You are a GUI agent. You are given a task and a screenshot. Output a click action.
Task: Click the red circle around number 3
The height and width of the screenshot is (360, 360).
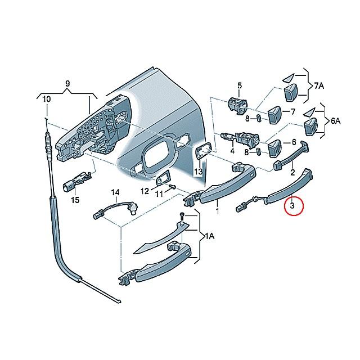click(292, 206)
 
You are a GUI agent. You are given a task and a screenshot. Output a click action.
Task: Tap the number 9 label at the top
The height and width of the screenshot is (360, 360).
click(67, 85)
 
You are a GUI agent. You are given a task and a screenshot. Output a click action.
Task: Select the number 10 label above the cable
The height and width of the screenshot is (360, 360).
click(46, 100)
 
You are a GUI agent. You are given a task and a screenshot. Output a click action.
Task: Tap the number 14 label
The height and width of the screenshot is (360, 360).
click(115, 193)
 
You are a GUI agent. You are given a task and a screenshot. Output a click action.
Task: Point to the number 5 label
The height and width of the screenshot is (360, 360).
click(239, 85)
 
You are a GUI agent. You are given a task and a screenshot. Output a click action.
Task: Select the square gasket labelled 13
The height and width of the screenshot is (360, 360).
click(202, 151)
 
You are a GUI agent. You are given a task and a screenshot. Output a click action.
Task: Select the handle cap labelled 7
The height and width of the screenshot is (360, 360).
click(274, 114)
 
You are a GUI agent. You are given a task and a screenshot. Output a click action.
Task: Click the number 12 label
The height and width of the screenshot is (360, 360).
click(145, 191)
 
